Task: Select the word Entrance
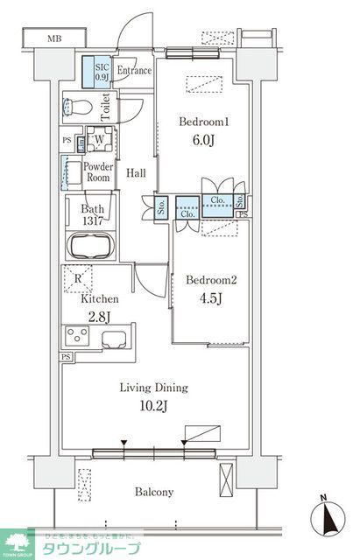(x=134, y=71)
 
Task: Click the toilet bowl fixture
(x=78, y=108)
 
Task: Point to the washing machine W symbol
(x=99, y=139)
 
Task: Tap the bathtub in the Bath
(x=88, y=245)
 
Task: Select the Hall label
(x=135, y=172)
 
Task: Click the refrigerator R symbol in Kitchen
(x=79, y=280)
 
